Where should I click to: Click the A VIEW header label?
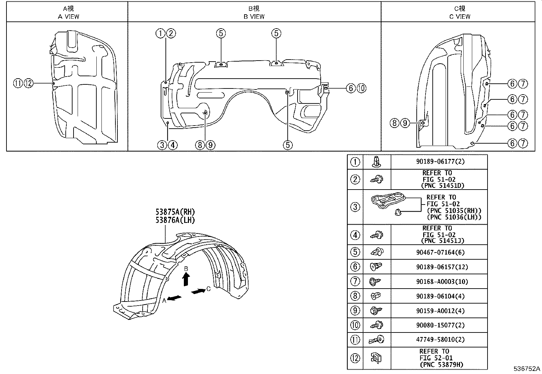point(68,16)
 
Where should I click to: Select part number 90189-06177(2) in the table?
point(440,162)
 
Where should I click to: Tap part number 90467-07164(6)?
point(440,253)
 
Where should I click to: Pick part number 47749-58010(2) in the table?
point(440,340)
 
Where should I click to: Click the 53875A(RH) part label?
point(175,213)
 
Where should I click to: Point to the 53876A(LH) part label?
point(175,221)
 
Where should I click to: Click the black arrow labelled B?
point(186,279)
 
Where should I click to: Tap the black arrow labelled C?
point(198,291)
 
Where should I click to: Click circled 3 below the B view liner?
point(162,145)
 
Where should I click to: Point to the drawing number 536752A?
point(527,369)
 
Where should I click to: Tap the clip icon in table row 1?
point(377,161)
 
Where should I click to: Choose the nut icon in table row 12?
point(377,358)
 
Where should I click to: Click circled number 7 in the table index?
point(355,282)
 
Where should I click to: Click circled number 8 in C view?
point(394,123)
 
